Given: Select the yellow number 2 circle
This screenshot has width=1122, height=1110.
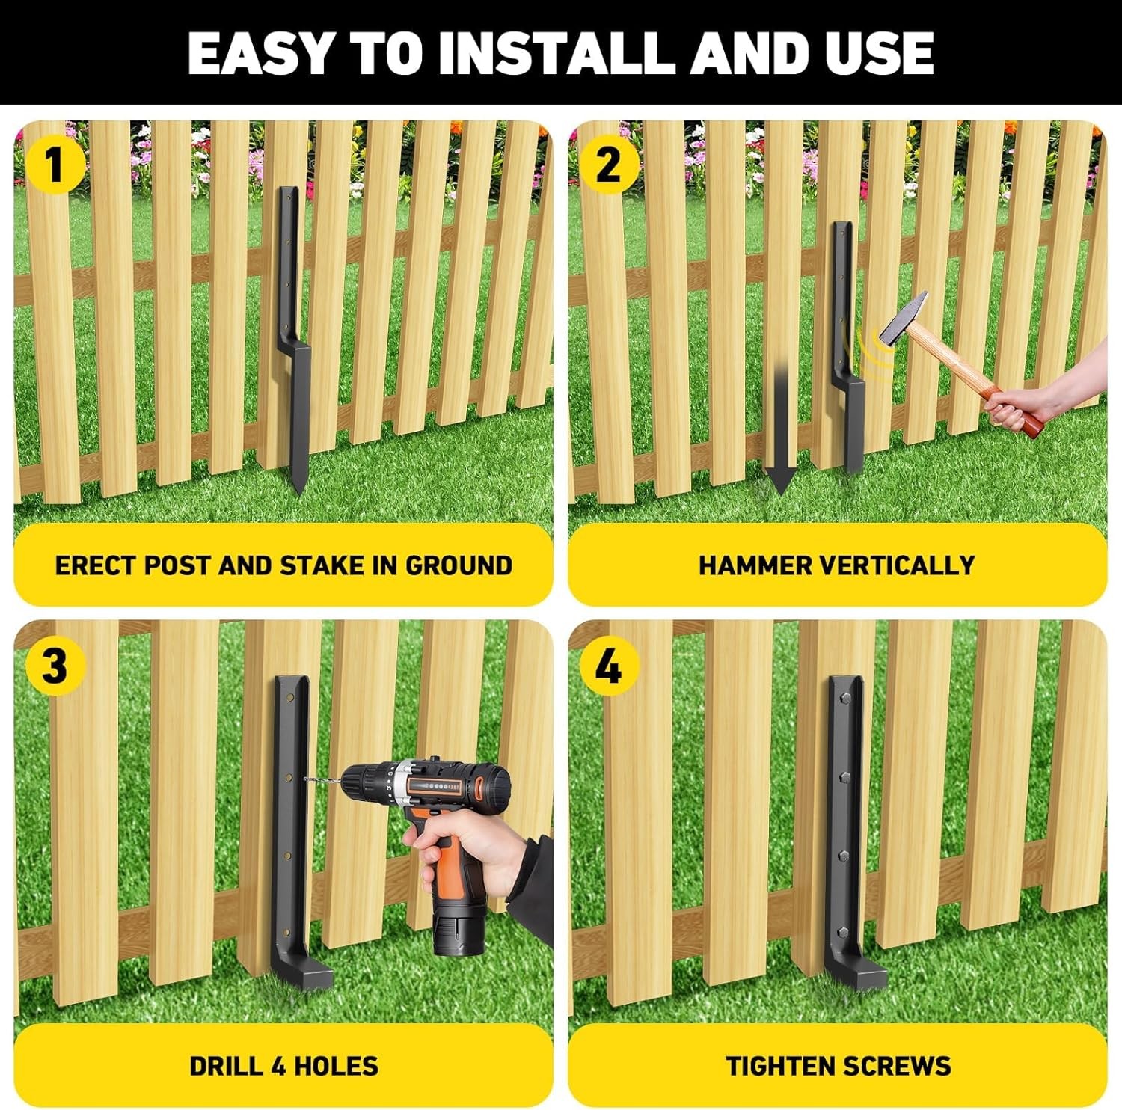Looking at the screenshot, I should (608, 165).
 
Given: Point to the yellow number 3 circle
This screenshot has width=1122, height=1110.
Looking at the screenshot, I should (53, 666).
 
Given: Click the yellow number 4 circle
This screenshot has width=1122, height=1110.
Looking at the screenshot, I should (608, 666).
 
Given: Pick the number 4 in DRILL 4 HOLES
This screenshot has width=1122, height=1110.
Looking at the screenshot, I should (279, 1066).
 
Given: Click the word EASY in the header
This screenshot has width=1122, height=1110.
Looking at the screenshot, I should (259, 53).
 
